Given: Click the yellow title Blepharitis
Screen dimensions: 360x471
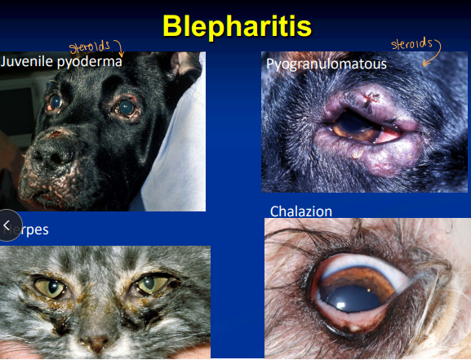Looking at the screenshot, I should point(236,25).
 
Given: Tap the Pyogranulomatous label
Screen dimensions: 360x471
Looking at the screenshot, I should point(325,63).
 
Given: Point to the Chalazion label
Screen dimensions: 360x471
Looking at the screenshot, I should point(301,211).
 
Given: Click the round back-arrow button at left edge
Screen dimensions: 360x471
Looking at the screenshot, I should point(7,225).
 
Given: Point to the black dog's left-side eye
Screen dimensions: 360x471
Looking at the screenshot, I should point(55,103).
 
